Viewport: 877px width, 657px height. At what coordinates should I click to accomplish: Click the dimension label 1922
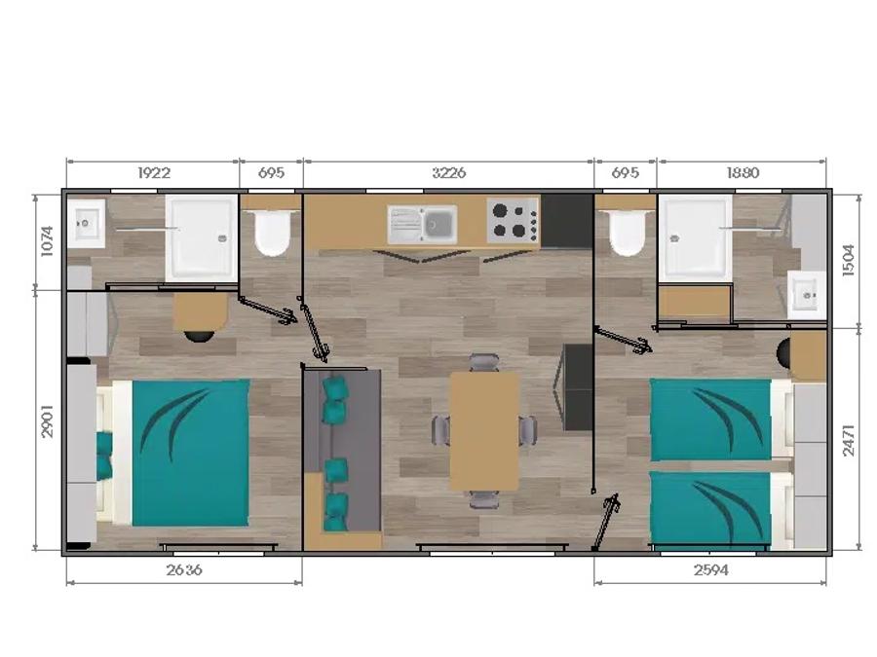coord(154,172)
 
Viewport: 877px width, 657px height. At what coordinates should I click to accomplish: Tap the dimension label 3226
coord(449,172)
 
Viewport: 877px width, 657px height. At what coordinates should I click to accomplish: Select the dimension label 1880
coord(743,172)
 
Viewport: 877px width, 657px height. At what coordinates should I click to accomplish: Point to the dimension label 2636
coord(184,569)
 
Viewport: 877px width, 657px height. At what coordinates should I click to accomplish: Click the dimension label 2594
coord(711,569)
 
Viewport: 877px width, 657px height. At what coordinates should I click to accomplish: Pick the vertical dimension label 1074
coord(47,240)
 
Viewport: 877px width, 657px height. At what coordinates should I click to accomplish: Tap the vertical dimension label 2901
coord(47,420)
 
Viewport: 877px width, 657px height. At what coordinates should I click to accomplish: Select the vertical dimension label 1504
coord(849,260)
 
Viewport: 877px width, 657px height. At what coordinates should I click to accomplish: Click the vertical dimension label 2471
coord(849,441)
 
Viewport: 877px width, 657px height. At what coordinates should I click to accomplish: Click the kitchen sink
coord(422,225)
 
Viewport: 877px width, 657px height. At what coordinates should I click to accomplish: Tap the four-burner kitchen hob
coord(513,221)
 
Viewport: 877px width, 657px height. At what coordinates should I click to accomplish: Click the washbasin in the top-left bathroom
coord(86,224)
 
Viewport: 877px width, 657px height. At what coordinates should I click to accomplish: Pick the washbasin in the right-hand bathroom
coord(806,295)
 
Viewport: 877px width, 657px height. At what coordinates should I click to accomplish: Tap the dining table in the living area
coord(485,431)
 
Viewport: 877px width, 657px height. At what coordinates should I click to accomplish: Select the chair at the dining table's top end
coord(484,363)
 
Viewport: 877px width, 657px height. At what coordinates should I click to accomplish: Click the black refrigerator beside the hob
coord(566,221)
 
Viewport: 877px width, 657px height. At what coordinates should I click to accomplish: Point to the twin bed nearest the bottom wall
coord(721,508)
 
